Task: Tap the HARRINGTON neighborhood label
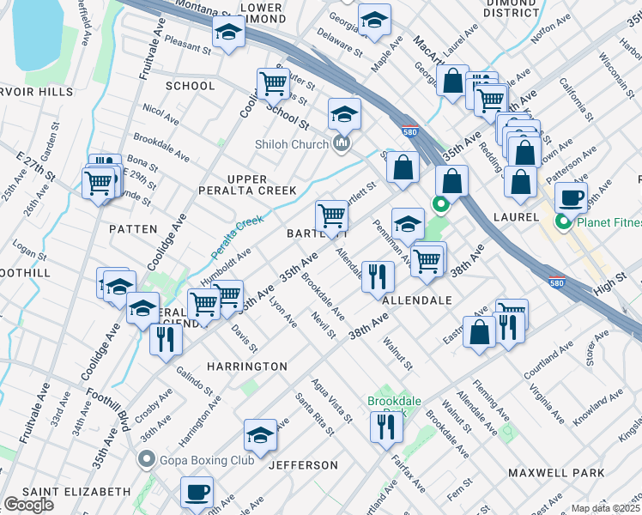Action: pos(247,367)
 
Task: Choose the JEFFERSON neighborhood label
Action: pos(304,465)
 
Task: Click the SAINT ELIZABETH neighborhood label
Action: pos(76,492)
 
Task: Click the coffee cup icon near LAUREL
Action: pos(571,198)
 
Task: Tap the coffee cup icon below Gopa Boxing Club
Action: pos(197,493)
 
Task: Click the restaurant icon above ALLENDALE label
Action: pos(377,276)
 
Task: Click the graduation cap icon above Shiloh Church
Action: pos(344,113)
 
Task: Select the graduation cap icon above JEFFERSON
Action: pos(260,435)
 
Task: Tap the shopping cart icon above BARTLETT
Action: pos(331,215)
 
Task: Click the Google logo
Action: pos(29,505)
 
